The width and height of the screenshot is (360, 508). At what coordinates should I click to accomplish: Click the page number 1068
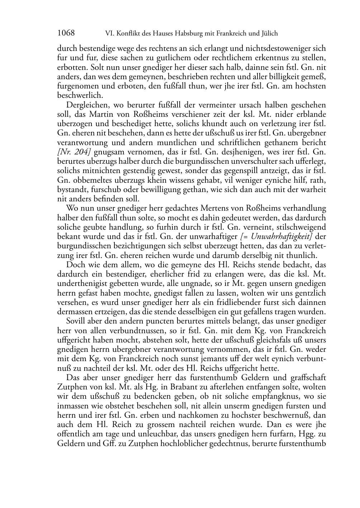coord(66,33)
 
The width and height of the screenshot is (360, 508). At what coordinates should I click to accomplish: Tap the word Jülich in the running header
coord(268,34)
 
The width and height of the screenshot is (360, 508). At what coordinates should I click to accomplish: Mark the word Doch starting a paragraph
coord(74,265)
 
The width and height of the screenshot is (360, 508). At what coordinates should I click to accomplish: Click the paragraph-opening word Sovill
coord(76,321)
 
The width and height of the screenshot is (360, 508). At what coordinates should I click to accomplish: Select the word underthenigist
coord(82,284)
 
